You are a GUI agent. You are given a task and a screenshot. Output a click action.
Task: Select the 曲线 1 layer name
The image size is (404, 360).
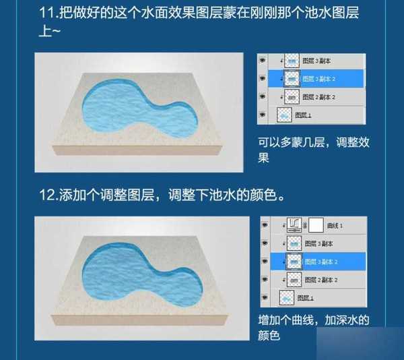pos(335,225)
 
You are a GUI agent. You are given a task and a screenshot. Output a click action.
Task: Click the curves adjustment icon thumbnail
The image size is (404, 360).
pos(294,225)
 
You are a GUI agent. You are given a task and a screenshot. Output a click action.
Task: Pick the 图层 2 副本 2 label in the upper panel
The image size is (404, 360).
pos(320,97)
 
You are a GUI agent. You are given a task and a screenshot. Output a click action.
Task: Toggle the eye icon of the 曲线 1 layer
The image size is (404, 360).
pos(265,225)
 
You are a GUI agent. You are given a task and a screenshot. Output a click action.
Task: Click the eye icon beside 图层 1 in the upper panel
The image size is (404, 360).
pos(263,115)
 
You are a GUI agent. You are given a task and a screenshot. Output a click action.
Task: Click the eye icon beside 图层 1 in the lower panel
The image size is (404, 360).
pos(265,296)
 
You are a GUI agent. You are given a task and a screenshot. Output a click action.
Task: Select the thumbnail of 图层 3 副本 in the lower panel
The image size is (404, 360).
pos(294,243)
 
